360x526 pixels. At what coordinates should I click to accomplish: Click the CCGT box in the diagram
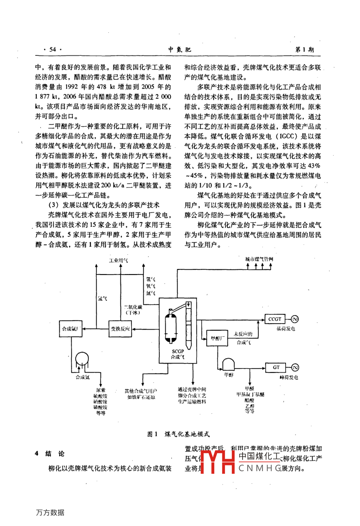pos(274,319)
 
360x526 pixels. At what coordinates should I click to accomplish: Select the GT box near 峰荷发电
pos(276,367)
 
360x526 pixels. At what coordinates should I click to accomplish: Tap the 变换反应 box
pos(120,329)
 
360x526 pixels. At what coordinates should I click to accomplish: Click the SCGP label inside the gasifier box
pos(178,351)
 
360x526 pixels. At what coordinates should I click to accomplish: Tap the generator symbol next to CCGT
pos(295,319)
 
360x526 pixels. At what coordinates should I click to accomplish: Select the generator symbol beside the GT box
pos(295,367)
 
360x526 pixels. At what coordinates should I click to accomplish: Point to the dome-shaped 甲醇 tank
pos(229,363)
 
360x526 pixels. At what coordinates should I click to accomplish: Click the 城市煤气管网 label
pos(259,259)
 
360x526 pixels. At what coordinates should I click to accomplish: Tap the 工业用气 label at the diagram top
pos(119,260)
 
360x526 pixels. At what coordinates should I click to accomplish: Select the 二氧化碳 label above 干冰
pos(133,307)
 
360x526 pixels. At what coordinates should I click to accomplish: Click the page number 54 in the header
pos(53,49)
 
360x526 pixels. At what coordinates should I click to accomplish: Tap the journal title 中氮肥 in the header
pos(180,49)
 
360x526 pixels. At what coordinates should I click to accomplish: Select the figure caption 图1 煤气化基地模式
pos(178,434)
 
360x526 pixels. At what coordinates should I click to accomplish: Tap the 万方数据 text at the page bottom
pos(50,512)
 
